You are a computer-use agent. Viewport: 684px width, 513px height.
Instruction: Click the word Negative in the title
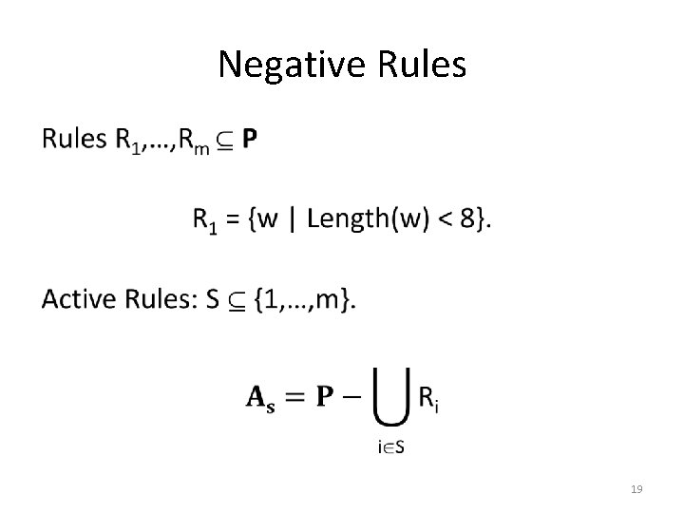point(280,65)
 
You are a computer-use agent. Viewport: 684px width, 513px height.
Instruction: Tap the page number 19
point(636,489)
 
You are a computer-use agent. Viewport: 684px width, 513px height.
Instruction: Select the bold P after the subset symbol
point(248,140)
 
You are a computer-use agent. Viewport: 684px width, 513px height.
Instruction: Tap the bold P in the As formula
point(325,397)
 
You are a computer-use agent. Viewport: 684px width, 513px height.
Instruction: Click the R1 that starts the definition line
point(206,221)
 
